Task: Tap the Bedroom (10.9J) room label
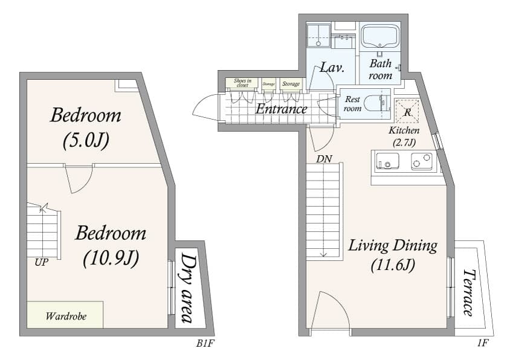point(111,245)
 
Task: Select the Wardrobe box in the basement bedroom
point(65,315)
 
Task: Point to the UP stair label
point(42,263)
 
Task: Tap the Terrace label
point(468,292)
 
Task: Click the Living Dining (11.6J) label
point(392,254)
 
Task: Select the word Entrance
point(281,109)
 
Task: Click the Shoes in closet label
point(242,83)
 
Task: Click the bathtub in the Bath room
point(380,37)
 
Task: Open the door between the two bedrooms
point(79,177)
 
